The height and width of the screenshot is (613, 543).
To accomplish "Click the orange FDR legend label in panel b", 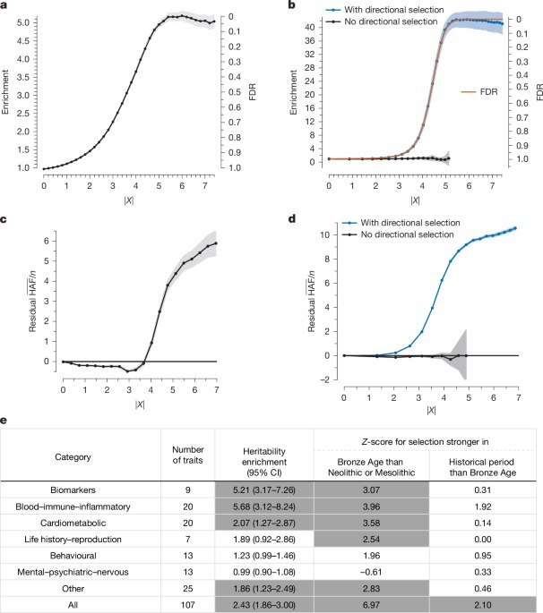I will coord(484,92).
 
